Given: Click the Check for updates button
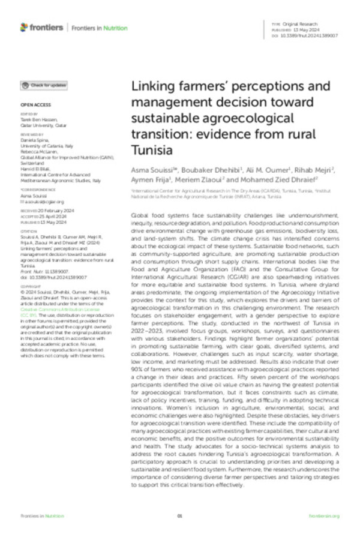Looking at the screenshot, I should point(45,86).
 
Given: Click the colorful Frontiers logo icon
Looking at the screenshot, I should point(24,27).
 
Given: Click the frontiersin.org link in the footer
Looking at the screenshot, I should point(324,516).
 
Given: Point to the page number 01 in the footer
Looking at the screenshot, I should point(179,516).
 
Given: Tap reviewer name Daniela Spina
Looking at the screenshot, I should point(34,139).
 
